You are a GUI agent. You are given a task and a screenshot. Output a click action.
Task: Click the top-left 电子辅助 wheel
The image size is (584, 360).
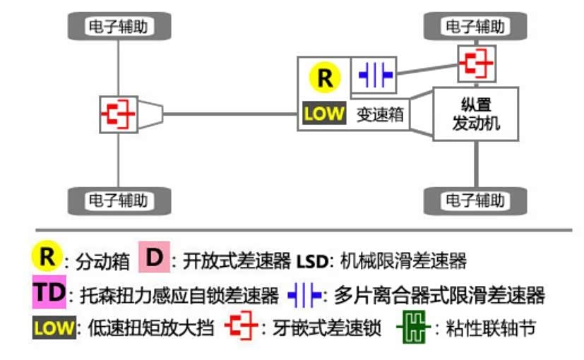119,27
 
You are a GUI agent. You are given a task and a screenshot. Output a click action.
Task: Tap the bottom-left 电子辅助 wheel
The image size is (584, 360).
119,200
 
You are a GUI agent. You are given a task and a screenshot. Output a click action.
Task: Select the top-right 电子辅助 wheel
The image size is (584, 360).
475,27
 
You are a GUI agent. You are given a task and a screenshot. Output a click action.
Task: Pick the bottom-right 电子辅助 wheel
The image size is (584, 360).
475,200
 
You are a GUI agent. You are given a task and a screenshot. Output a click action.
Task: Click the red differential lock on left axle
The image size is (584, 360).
118,114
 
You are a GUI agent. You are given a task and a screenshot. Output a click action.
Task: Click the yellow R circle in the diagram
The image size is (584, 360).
324,78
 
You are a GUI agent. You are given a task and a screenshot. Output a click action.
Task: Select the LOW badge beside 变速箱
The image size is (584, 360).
323,113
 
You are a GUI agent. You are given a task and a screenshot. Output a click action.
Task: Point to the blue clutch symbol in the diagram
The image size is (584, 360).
375,76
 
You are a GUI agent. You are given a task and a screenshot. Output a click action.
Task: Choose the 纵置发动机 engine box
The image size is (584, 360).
475,113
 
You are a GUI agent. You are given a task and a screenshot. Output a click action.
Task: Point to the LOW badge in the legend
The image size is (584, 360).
53,328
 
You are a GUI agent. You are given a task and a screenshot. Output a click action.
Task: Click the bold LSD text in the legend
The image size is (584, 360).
309,260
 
